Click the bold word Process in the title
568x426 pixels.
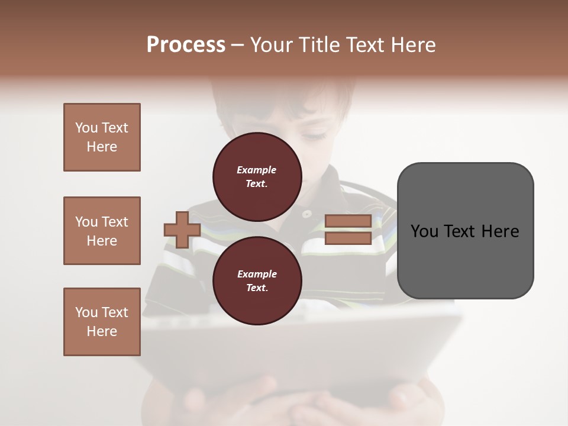point(186,45)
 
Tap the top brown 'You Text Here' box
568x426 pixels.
point(102,137)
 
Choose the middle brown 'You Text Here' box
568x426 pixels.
point(102,231)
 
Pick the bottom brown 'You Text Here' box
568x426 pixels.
point(102,322)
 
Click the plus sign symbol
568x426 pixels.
point(182,230)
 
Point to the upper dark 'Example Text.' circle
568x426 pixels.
point(257,177)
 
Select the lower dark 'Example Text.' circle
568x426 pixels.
point(257,281)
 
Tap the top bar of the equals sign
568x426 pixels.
point(348,221)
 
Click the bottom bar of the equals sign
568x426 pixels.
point(348,238)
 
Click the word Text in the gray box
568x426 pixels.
point(460,231)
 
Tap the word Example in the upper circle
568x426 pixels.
point(257,170)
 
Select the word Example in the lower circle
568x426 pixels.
point(257,275)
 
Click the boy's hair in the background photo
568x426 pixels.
point(284,95)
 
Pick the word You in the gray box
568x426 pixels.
point(424,231)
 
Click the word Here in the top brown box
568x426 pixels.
point(102,147)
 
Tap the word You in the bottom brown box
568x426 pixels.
point(86,312)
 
